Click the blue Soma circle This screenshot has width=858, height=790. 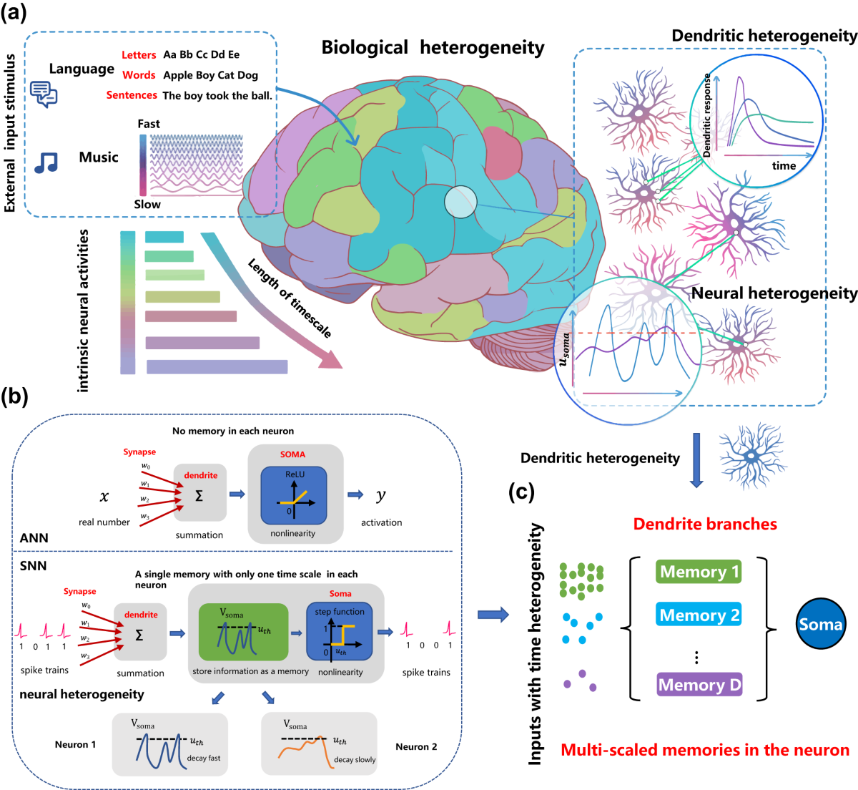(820, 623)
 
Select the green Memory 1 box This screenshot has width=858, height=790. (699, 572)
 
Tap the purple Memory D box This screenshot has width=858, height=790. (699, 684)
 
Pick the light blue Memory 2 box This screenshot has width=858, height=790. (699, 615)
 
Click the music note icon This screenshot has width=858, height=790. (46, 162)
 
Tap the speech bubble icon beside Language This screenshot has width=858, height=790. (44, 94)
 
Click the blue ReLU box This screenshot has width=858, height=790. (294, 495)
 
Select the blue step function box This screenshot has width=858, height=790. (340, 632)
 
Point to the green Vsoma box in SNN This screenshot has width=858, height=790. (243, 632)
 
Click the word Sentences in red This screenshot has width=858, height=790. (132, 95)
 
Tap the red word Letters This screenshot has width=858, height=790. (139, 55)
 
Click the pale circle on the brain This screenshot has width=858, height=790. (460, 202)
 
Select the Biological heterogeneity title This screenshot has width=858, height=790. (433, 47)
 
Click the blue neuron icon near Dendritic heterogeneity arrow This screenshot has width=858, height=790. (753, 456)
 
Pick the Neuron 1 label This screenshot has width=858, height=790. (75, 745)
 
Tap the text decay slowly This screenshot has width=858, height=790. (355, 760)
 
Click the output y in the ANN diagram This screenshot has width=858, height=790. (380, 494)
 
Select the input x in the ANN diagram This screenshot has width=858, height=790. (104, 497)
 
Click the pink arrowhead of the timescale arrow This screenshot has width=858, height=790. (332, 359)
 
